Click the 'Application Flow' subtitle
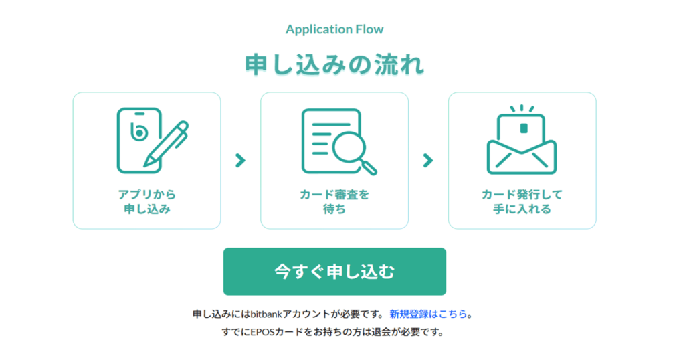point(334,29)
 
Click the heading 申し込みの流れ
point(334,65)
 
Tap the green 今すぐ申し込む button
point(334,271)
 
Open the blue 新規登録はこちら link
point(428,314)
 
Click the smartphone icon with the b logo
point(139,141)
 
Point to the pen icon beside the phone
point(167,144)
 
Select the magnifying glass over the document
point(355,153)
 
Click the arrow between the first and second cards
point(240,161)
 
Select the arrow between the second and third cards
point(428,161)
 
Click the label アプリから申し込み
point(146,202)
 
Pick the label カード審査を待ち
point(334,202)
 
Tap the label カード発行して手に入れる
point(522,202)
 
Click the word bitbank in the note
point(266,314)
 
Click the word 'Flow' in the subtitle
point(369,29)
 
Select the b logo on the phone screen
point(139,131)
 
